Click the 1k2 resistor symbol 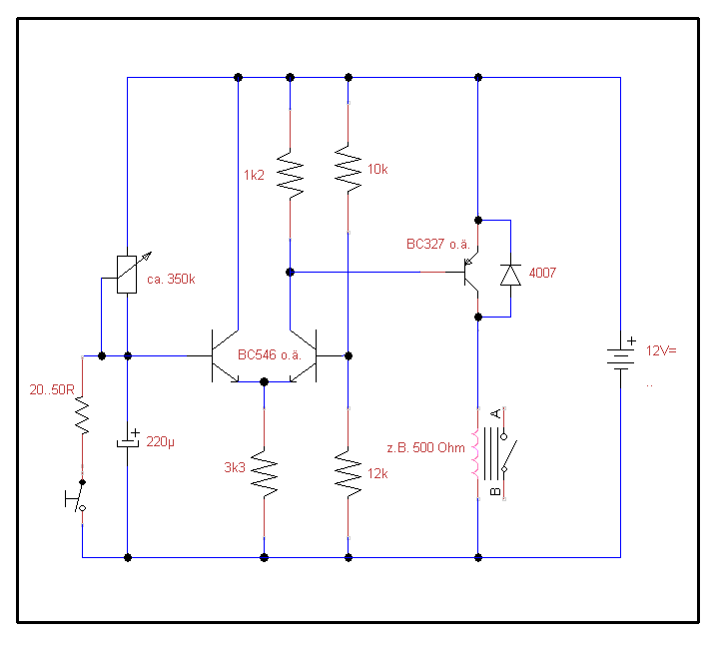tap(290, 176)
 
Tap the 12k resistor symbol tap(348, 473)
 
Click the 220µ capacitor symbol tap(128, 440)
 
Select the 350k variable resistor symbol tap(128, 274)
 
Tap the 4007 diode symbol tap(510, 274)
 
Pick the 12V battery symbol tap(620, 354)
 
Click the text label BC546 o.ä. tap(269, 354)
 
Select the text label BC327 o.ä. tap(436, 245)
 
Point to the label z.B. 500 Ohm tap(425, 447)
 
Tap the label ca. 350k tap(171, 280)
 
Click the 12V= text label tap(661, 351)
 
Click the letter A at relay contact tap(495, 413)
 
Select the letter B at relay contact tap(495, 491)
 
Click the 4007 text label tap(543, 272)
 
